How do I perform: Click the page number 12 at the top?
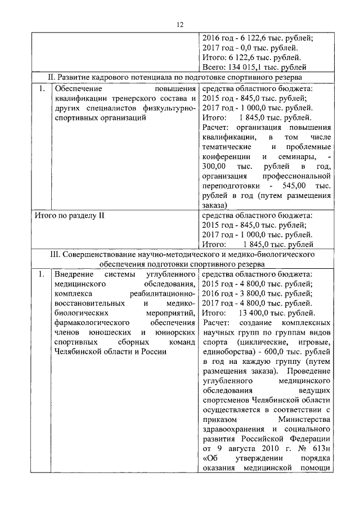(180, 24)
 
